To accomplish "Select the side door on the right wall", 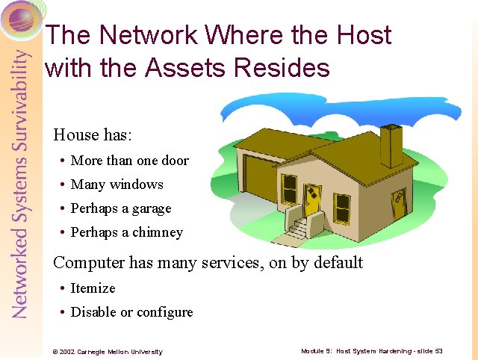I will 400,203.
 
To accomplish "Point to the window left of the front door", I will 288,190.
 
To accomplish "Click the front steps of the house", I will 299,229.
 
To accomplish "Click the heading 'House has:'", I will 92,135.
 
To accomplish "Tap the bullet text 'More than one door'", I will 129,161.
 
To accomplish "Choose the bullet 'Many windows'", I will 117,184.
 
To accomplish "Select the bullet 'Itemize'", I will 93,288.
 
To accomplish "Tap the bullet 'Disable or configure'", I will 131,312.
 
